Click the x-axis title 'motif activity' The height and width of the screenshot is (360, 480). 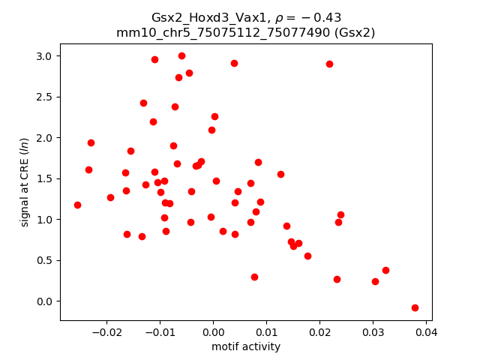(246, 346)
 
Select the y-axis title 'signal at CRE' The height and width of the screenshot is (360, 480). (25, 182)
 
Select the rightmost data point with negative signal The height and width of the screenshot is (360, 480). (415, 307)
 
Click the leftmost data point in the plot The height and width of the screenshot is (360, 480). (77, 205)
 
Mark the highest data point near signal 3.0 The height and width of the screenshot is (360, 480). (181, 55)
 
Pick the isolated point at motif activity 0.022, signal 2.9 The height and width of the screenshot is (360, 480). (329, 64)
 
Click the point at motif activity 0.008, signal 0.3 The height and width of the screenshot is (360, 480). (254, 277)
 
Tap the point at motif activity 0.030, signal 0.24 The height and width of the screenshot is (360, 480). (375, 281)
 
